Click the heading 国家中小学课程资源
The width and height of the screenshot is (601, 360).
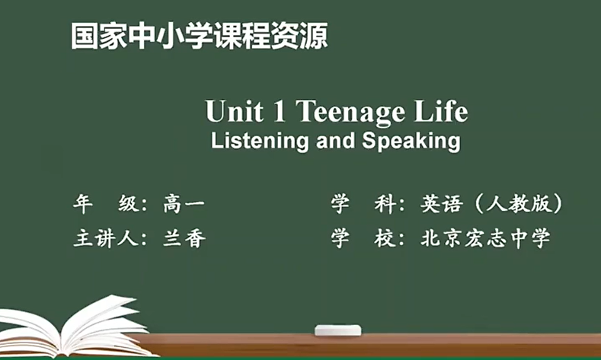pyautogui.click(x=199, y=36)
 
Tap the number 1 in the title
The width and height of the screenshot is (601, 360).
pyautogui.click(x=277, y=112)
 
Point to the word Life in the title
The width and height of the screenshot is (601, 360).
pyautogui.click(x=440, y=112)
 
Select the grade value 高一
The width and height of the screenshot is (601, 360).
pyautogui.click(x=184, y=204)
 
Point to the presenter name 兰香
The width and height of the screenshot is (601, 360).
pyautogui.click(x=184, y=238)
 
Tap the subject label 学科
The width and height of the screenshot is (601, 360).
pyautogui.click(x=362, y=204)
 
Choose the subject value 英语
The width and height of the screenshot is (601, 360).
pyautogui.click(x=442, y=204)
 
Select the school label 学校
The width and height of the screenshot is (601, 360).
pyautogui.click(x=362, y=238)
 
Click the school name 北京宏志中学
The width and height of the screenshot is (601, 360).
pyautogui.click(x=484, y=238)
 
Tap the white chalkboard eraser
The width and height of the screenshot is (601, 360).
pyautogui.click(x=337, y=330)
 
